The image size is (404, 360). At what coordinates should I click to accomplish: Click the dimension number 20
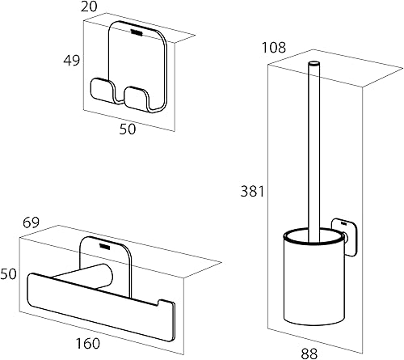pos(89,6)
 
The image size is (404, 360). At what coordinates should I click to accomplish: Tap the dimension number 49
pos(72,60)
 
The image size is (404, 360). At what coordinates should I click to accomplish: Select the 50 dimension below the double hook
pos(128,129)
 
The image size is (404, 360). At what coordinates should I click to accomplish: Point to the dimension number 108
pos(274,48)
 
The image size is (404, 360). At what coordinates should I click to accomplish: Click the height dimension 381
pos(252,192)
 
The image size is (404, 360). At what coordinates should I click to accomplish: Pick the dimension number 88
pos(309,354)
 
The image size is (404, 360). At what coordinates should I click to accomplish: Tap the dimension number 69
pos(31,222)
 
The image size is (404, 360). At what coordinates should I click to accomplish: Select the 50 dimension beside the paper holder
pos(8,273)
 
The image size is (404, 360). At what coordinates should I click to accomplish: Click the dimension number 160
pos(88,343)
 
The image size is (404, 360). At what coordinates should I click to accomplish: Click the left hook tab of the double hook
pos(101,91)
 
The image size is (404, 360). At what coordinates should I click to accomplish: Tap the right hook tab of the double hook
pos(136,99)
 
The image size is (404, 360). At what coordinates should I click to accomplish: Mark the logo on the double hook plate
pos(137,32)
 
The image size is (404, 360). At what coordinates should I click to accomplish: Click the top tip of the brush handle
pos(314,64)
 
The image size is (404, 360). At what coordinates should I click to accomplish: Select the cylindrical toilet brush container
pos(314,277)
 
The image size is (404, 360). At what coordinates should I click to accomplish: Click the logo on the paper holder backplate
pos(104,245)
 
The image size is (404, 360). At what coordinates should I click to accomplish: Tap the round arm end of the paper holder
pos(108,277)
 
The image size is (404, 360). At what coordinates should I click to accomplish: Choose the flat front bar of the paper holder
pos(100,307)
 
